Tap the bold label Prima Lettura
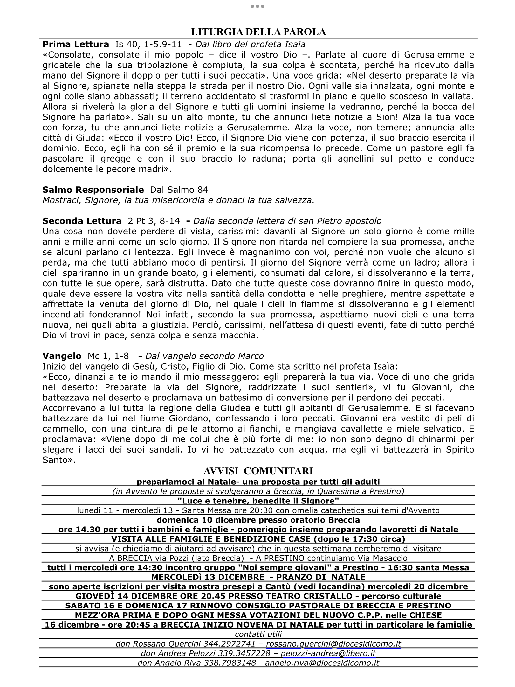(x=76, y=44)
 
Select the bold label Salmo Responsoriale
(x=93, y=190)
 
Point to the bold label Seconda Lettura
(x=82, y=221)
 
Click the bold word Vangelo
(x=62, y=356)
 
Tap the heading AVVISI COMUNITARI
(x=258, y=471)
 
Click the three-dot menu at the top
(x=257, y=6)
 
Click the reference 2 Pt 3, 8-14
(x=154, y=221)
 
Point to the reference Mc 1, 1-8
(x=108, y=356)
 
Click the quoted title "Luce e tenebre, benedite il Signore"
(x=258, y=501)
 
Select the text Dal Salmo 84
(x=179, y=190)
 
